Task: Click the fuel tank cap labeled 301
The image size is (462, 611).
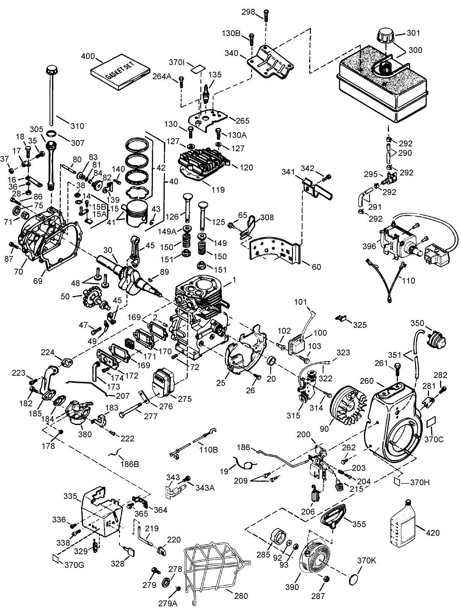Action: point(385,38)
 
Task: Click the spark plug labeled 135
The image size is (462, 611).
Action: point(206,93)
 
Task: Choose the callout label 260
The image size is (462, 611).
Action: point(367,381)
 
